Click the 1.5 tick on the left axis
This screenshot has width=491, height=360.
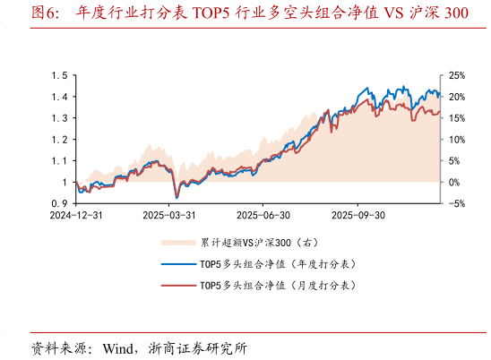pos(62,75)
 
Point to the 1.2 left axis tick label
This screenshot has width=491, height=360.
pos(62,140)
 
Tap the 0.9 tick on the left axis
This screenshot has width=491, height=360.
pos(62,204)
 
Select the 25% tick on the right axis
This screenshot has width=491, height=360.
pos(456,75)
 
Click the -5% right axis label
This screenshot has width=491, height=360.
pos(456,204)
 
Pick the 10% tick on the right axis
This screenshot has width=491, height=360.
pos(456,140)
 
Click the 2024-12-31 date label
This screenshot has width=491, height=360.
pos(75,216)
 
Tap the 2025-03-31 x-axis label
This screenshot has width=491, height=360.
pos(169,216)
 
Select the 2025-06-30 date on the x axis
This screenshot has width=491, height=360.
pos(263,216)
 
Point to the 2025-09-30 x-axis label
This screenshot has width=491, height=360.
pos(357,216)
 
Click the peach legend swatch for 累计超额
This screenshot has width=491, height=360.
pos(177,243)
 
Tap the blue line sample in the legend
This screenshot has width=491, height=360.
pos(177,264)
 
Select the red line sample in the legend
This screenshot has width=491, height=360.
pos(177,286)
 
